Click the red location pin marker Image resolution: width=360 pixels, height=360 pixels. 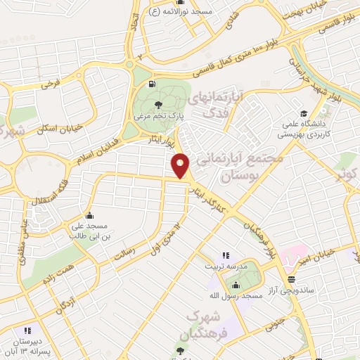pyautogui.click(x=181, y=166)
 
